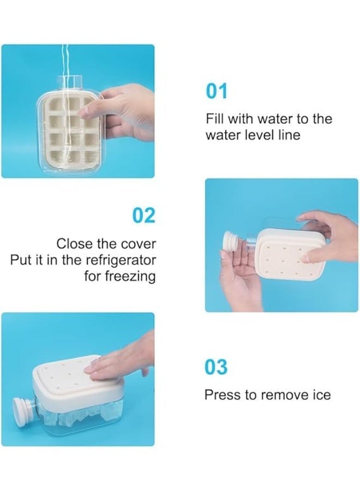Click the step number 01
click(x=217, y=91)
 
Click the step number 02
click(x=144, y=215)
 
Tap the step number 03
click(x=217, y=367)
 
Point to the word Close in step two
click(x=74, y=244)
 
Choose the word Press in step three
click(x=220, y=394)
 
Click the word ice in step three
click(x=322, y=394)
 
